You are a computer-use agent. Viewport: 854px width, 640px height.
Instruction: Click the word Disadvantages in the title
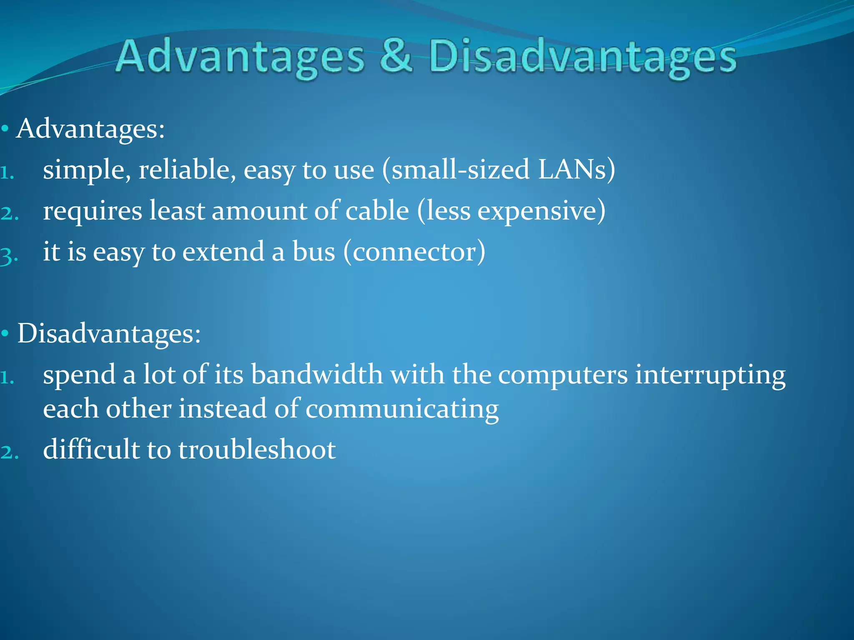[x=583, y=58]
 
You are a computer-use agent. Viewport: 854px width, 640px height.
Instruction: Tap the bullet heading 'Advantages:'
[x=90, y=129]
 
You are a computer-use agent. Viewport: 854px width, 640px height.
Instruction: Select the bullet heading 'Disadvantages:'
[x=109, y=334]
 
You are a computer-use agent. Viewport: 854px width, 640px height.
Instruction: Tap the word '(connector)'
[x=414, y=252]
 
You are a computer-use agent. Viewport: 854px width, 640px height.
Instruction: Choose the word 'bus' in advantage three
[x=314, y=252]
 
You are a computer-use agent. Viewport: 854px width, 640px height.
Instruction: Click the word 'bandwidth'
[x=316, y=375]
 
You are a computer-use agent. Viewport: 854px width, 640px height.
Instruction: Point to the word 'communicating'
[x=402, y=409]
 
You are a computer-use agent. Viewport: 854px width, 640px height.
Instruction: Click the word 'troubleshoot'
[x=257, y=450]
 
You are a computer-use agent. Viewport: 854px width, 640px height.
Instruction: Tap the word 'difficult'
[x=91, y=450]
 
